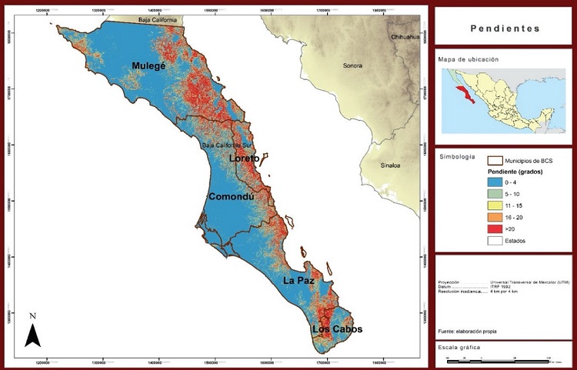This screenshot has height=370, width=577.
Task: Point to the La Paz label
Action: tap(296, 280)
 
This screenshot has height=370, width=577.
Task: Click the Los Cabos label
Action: tap(336, 329)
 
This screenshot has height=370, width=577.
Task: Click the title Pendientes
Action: tap(504, 28)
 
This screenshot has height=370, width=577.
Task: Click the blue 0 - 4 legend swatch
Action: tap(495, 182)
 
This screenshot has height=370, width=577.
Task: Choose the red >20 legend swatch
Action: tap(495, 229)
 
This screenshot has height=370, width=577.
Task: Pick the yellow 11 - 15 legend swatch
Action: tap(495, 206)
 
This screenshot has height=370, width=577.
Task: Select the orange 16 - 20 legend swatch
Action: tap(495, 218)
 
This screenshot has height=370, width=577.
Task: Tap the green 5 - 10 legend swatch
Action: tap(495, 195)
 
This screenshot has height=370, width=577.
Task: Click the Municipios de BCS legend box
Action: tap(495, 160)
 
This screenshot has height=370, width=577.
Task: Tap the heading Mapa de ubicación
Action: tap(469, 59)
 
